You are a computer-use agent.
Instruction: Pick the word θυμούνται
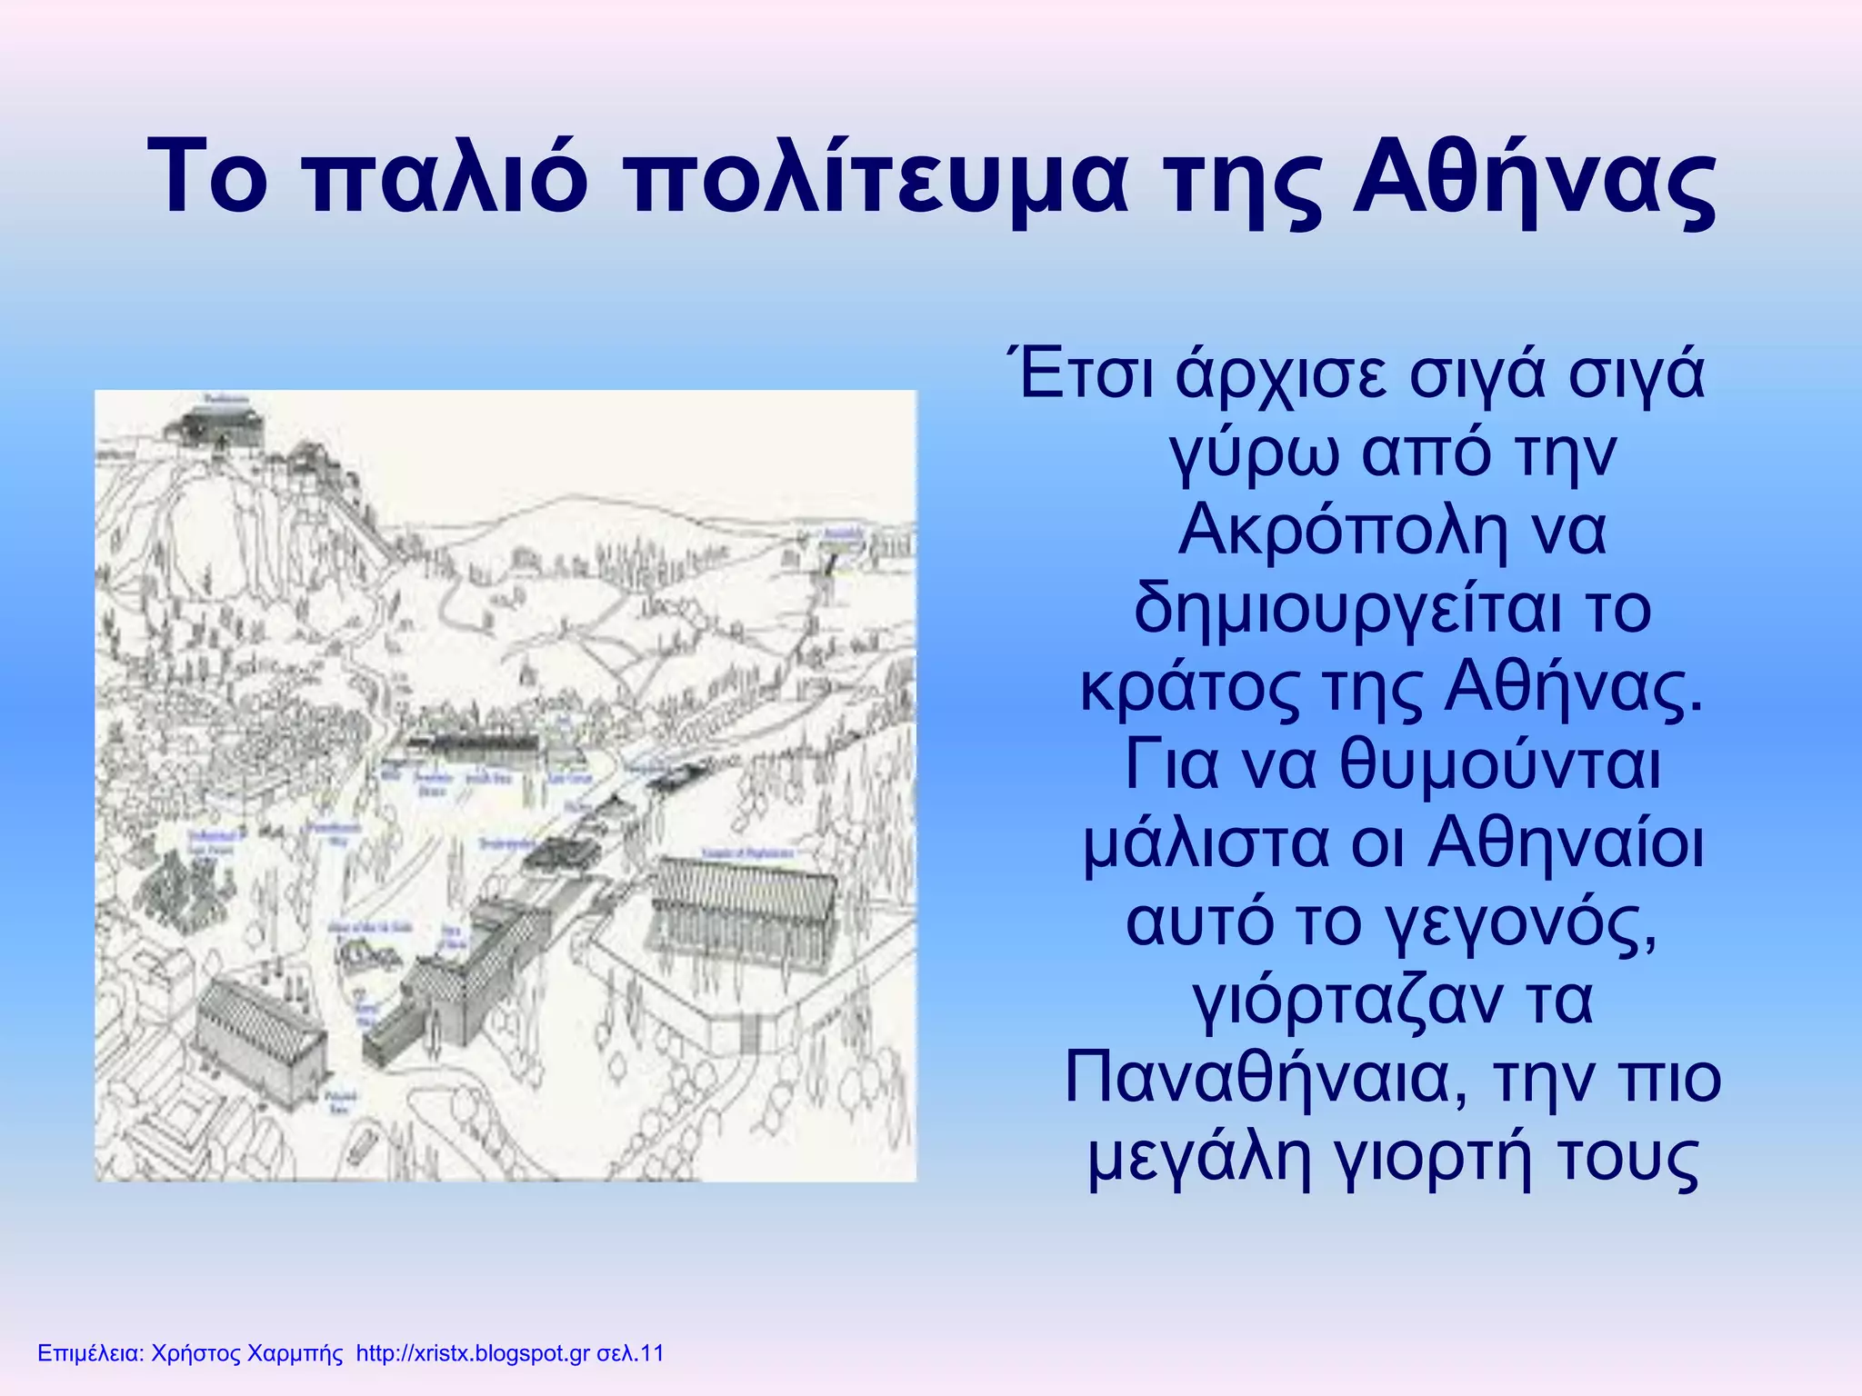(1500, 765)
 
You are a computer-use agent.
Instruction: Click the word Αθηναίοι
(1567, 843)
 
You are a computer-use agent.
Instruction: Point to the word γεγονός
(1519, 922)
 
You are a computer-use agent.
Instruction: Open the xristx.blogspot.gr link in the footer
(473, 1353)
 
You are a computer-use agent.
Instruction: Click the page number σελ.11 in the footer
(630, 1353)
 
